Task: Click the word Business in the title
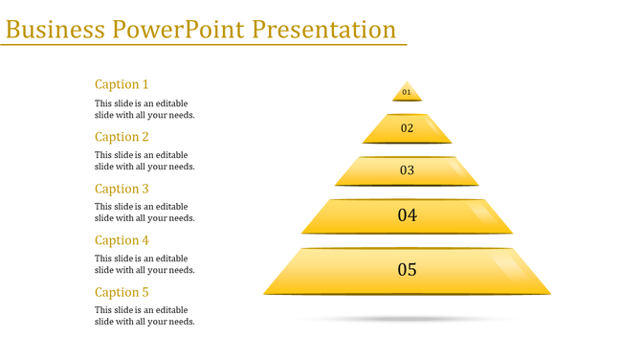(x=55, y=29)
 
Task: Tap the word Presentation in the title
(x=324, y=29)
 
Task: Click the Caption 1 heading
(x=122, y=84)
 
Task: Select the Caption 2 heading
(x=122, y=137)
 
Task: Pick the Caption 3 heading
(x=122, y=189)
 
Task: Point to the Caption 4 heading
(x=122, y=240)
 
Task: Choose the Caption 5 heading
(x=122, y=292)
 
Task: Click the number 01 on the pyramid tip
(x=407, y=93)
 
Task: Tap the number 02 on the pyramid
(x=407, y=128)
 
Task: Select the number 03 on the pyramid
(x=407, y=170)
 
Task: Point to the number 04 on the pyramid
(x=407, y=215)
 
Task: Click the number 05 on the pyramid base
(x=407, y=270)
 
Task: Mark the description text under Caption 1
(x=144, y=109)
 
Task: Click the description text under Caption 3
(x=144, y=213)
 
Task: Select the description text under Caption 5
(x=144, y=316)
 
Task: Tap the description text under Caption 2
(x=144, y=161)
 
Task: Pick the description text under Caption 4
(x=144, y=264)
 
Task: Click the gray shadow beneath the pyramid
(x=407, y=318)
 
